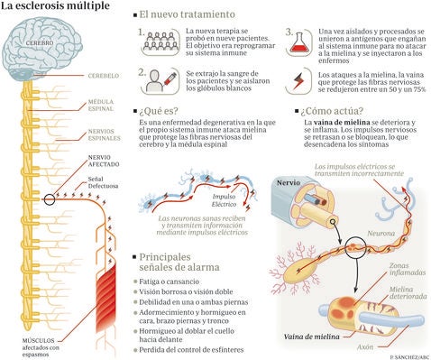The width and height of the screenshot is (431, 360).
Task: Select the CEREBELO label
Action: tap(102, 75)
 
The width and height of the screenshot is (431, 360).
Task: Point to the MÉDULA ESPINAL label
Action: tap(102, 106)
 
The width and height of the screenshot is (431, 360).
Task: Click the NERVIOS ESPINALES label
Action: tap(104, 135)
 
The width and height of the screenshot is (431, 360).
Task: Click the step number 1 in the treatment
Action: tap(142, 33)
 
